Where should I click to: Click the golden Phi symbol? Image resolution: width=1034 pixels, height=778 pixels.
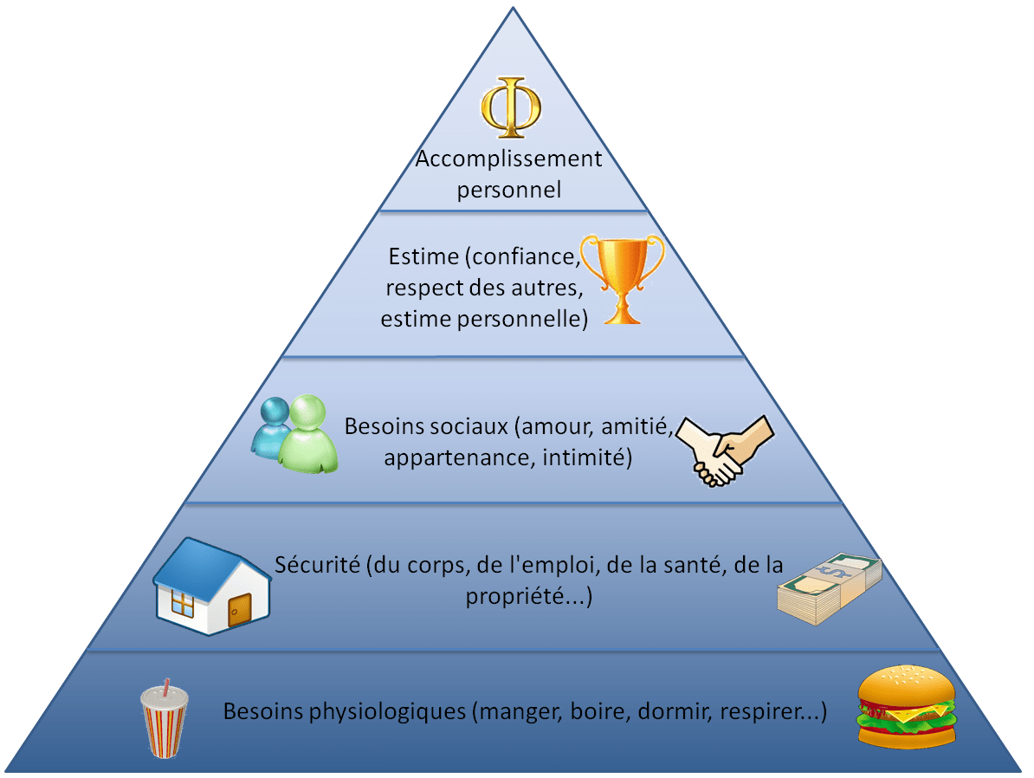tap(511, 107)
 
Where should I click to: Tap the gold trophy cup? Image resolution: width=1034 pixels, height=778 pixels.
tap(623, 278)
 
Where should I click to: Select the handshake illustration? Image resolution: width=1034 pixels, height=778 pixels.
tap(725, 451)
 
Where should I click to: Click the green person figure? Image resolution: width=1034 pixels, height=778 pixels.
tap(308, 434)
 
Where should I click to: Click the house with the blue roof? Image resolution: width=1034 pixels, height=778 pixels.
tap(212, 586)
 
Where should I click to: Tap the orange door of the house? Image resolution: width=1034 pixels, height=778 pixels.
tap(239, 610)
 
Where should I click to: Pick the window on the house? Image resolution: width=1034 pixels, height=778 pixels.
tap(182, 602)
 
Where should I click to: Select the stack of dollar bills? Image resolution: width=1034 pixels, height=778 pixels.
tap(830, 588)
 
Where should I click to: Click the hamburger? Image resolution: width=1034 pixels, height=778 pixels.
tap(906, 706)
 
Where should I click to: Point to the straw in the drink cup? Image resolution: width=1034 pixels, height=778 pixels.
tap(166, 686)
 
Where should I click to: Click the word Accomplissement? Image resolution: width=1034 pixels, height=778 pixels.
tap(508, 159)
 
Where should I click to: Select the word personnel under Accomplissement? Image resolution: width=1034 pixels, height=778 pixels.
tap(509, 191)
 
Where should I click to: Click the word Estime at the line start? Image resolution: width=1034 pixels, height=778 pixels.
tap(423, 256)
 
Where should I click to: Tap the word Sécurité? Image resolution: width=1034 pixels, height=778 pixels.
tap(317, 565)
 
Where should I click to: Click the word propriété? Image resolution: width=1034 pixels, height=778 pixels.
tap(514, 597)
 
